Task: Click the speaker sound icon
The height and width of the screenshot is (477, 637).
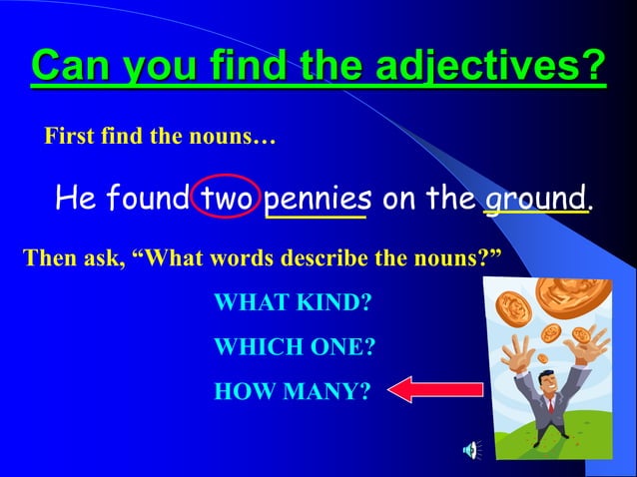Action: click(x=469, y=450)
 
